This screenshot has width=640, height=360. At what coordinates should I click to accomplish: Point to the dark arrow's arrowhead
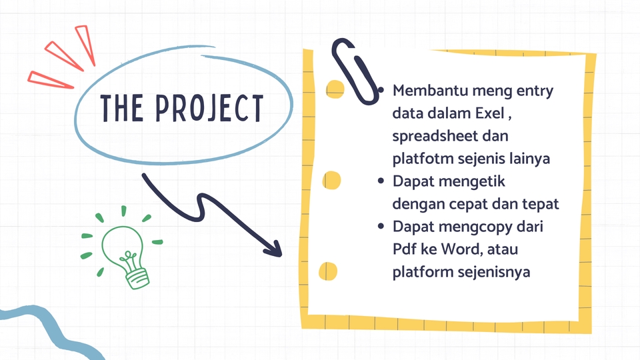(273, 248)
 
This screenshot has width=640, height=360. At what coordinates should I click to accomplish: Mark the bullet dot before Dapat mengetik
(381, 181)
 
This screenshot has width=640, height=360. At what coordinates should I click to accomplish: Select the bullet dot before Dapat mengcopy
(381, 227)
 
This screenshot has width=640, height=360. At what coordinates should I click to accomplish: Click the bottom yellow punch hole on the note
(327, 271)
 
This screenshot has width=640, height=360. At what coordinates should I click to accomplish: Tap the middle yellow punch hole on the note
(331, 180)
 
